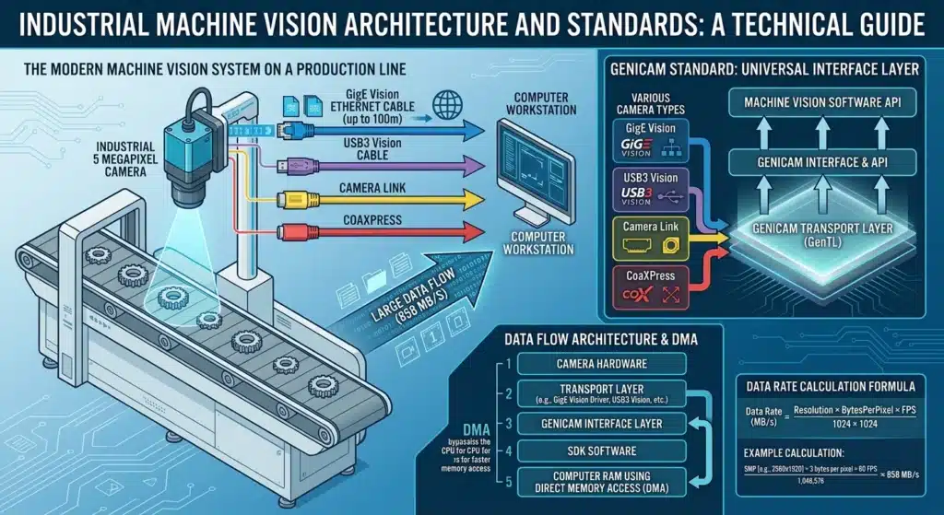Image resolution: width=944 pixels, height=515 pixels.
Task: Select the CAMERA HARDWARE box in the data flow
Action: pos(602,364)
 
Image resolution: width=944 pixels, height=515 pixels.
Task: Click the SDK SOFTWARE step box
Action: pos(602,451)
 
